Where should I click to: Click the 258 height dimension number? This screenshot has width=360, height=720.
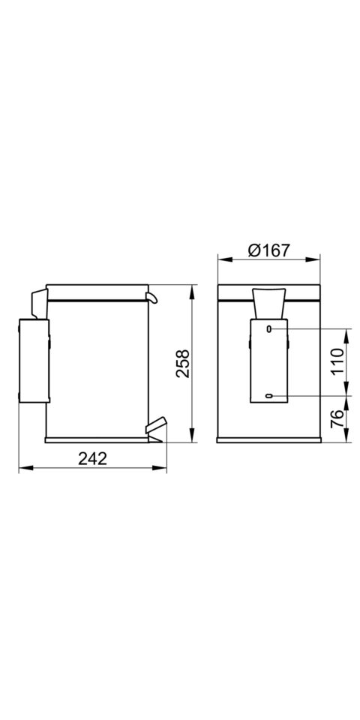pos(182,363)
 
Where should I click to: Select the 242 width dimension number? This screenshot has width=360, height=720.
pos(92,457)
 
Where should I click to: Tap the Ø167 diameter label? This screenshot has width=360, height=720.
pos(268,250)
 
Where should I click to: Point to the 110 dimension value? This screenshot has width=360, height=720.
pos(337,362)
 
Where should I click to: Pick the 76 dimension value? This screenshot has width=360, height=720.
pos(337,419)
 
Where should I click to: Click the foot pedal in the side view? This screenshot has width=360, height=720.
pos(155,426)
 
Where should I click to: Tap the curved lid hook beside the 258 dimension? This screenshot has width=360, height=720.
pos(152,298)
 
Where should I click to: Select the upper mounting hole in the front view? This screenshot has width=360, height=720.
pos(269,328)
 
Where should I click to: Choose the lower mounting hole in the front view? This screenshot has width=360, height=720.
pos(269,396)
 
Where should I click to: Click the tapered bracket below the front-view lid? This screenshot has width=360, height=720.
pos(268,304)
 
